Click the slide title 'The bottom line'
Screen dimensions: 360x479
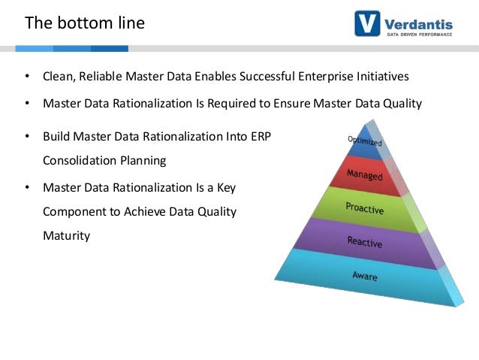click(x=85, y=23)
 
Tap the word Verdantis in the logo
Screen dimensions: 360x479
click(x=423, y=20)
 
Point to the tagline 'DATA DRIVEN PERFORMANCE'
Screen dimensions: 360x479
click(x=423, y=35)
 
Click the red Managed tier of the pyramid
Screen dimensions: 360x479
click(x=364, y=175)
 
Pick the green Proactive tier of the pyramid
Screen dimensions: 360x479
click(x=365, y=207)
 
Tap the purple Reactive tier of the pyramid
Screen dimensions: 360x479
click(x=365, y=241)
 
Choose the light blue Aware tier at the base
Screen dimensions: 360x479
click(x=365, y=276)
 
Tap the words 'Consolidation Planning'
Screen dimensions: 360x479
click(x=104, y=161)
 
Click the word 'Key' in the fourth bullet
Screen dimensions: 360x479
click(x=234, y=186)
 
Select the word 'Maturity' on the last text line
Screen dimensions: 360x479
click(x=66, y=235)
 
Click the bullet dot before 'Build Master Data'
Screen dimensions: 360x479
click(x=26, y=137)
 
